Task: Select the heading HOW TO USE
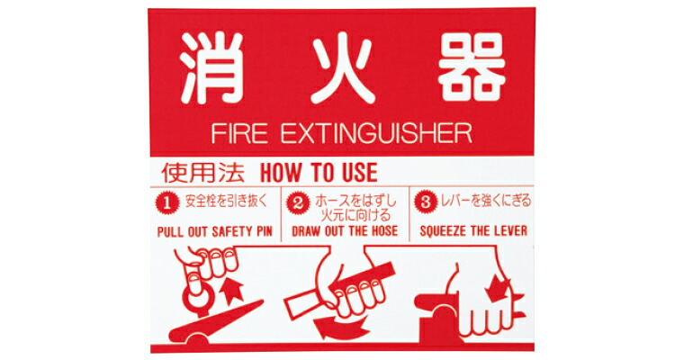319,172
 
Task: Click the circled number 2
297,202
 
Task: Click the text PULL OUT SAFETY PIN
214,231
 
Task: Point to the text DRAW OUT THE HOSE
345,231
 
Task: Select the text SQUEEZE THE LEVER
473,231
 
